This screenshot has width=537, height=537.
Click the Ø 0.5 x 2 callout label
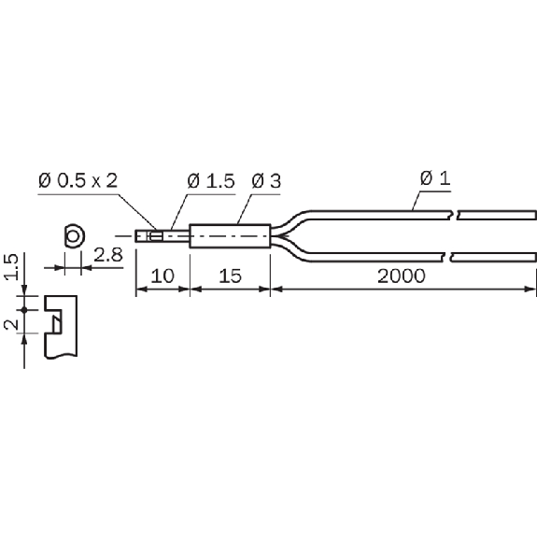click(78, 180)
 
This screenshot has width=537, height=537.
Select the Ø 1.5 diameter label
click(211, 181)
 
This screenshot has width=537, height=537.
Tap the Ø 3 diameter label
click(266, 181)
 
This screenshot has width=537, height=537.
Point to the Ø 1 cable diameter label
click(435, 178)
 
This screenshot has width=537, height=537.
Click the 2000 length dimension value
click(402, 276)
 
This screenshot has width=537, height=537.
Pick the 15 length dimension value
click(230, 276)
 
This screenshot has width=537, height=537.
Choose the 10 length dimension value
click(163, 276)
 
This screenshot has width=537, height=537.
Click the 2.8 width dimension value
click(108, 255)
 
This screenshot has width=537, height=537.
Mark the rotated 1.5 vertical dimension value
click(11, 267)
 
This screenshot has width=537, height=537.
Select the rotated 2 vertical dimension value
click(11, 324)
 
